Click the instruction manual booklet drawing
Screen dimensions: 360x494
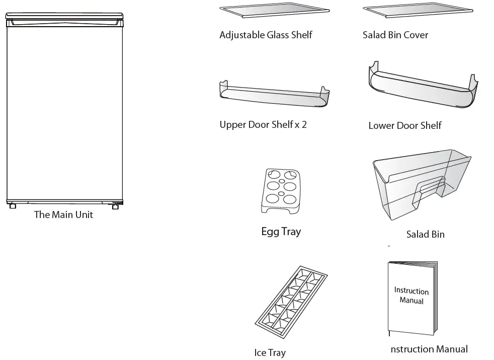pos(411,297)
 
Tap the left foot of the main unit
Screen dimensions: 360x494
pos(13,205)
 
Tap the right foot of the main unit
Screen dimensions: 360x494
pos(116,206)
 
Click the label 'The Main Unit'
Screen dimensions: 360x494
pos(63,215)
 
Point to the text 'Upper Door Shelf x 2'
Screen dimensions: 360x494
pos(263,124)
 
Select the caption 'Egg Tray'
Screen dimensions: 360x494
pos(281,232)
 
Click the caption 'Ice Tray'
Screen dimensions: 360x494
pos(270,353)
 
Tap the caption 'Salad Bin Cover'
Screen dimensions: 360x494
pos(395,35)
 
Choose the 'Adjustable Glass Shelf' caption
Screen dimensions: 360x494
pos(266,35)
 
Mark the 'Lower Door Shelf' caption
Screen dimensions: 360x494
pos(405,125)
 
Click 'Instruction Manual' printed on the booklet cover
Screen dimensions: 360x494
pos(411,296)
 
